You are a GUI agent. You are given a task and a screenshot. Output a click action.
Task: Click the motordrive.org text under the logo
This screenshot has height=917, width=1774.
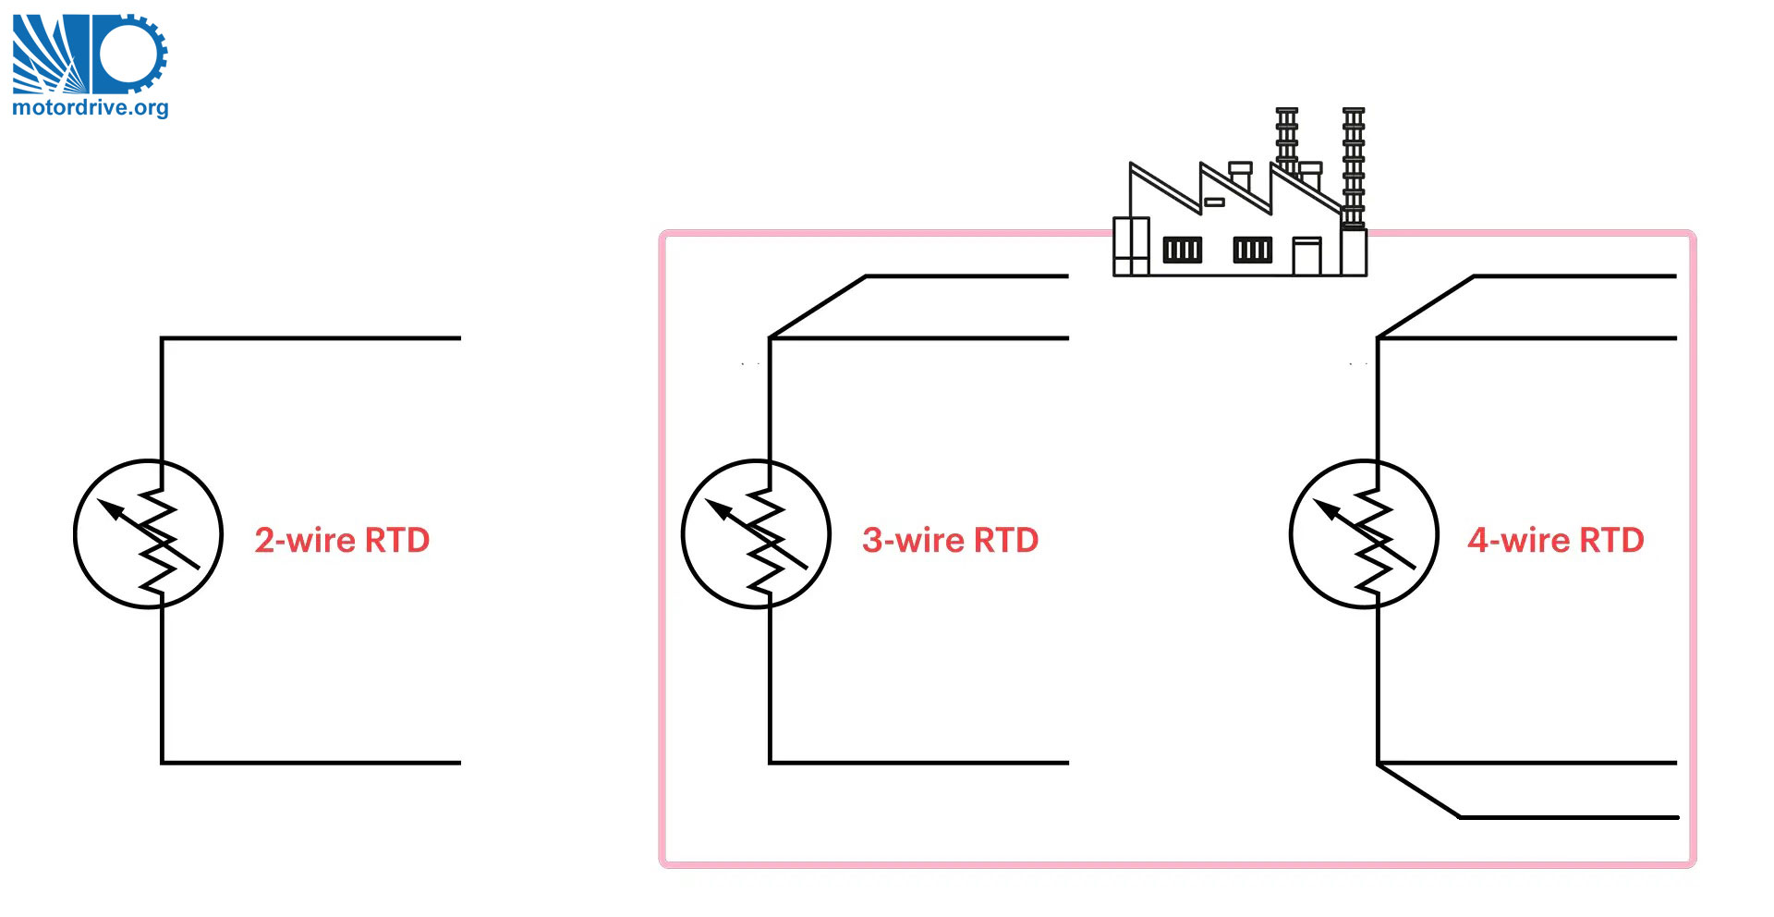[90, 107]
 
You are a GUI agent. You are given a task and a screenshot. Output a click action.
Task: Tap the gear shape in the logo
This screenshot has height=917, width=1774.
[130, 54]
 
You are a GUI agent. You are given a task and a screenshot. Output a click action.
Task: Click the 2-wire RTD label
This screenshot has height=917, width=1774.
[342, 540]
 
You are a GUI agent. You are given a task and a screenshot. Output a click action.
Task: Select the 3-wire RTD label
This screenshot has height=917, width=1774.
[950, 540]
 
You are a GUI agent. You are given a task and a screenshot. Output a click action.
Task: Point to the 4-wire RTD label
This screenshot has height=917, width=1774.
[1556, 540]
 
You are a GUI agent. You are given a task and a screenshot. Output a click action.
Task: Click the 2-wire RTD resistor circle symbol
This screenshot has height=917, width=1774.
[148, 533]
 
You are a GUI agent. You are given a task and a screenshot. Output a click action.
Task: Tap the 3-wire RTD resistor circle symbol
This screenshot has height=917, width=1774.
[756, 533]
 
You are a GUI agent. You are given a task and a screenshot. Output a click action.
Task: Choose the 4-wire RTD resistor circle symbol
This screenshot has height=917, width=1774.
[1364, 533]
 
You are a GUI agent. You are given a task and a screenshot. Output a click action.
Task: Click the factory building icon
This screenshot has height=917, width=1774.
[1238, 213]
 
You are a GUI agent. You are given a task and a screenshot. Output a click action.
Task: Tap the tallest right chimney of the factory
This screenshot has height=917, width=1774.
[1353, 166]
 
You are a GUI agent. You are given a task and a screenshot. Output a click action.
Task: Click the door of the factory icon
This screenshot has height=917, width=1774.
[1306, 256]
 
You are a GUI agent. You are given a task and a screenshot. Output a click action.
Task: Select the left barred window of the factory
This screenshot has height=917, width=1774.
[1182, 250]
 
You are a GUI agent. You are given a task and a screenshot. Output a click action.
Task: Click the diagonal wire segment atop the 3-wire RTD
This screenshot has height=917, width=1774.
[818, 306]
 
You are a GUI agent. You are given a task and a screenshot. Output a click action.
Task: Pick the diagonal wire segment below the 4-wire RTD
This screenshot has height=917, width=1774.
[1418, 790]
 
